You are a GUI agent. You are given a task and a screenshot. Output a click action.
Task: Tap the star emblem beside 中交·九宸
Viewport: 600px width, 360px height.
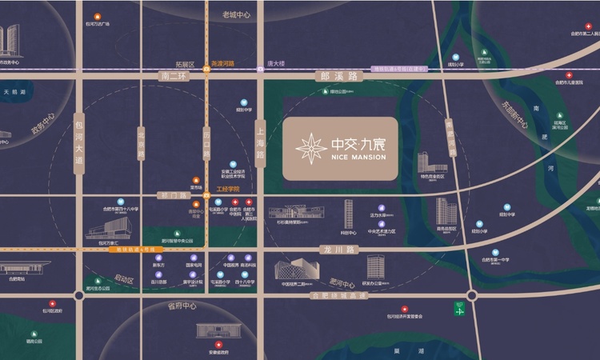pos(309,150)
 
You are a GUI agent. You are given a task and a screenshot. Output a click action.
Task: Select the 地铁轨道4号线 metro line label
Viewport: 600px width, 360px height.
pos(130,250)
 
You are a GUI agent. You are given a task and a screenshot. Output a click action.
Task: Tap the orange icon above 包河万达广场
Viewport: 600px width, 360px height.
pos(98,16)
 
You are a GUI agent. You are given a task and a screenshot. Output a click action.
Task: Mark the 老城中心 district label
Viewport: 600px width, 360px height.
pos(236,15)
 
